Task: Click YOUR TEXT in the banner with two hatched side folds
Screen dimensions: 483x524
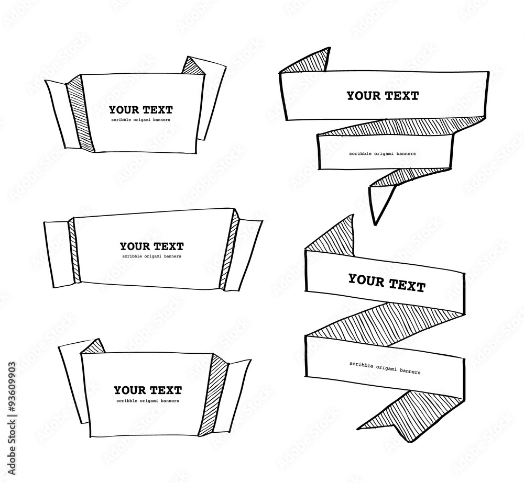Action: click(151, 246)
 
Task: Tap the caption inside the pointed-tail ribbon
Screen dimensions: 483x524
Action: click(383, 154)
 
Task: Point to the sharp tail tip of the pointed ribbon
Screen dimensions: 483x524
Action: click(375, 224)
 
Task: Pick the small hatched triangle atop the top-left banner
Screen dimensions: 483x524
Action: click(191, 65)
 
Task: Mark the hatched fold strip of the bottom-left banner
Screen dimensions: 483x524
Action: click(211, 392)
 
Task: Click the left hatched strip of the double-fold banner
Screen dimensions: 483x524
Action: click(74, 252)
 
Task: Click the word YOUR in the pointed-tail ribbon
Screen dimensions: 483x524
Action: click(364, 96)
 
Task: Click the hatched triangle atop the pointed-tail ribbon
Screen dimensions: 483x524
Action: click(309, 63)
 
